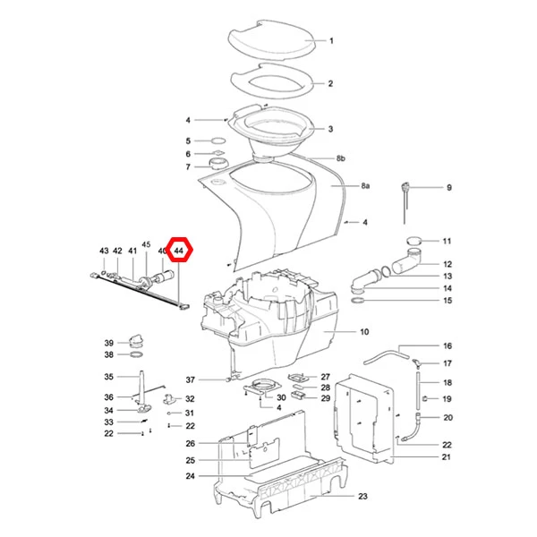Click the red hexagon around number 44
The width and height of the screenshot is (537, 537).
point(180,238)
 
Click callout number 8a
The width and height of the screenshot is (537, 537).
point(365,186)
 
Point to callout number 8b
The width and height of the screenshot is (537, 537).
point(341,158)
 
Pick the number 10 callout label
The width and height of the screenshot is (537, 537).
point(364,331)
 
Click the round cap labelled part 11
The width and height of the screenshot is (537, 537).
point(414,241)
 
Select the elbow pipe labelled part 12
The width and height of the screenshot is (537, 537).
point(407,262)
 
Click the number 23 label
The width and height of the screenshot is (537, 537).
point(362,496)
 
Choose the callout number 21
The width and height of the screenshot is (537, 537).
point(446,456)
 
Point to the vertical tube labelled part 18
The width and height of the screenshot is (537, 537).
point(418,390)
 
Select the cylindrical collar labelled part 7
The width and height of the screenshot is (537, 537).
point(217,164)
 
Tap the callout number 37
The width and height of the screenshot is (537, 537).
point(191,379)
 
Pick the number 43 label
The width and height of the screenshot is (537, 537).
point(104,251)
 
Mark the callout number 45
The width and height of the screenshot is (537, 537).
point(146,244)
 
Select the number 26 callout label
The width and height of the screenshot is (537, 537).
point(191,444)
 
